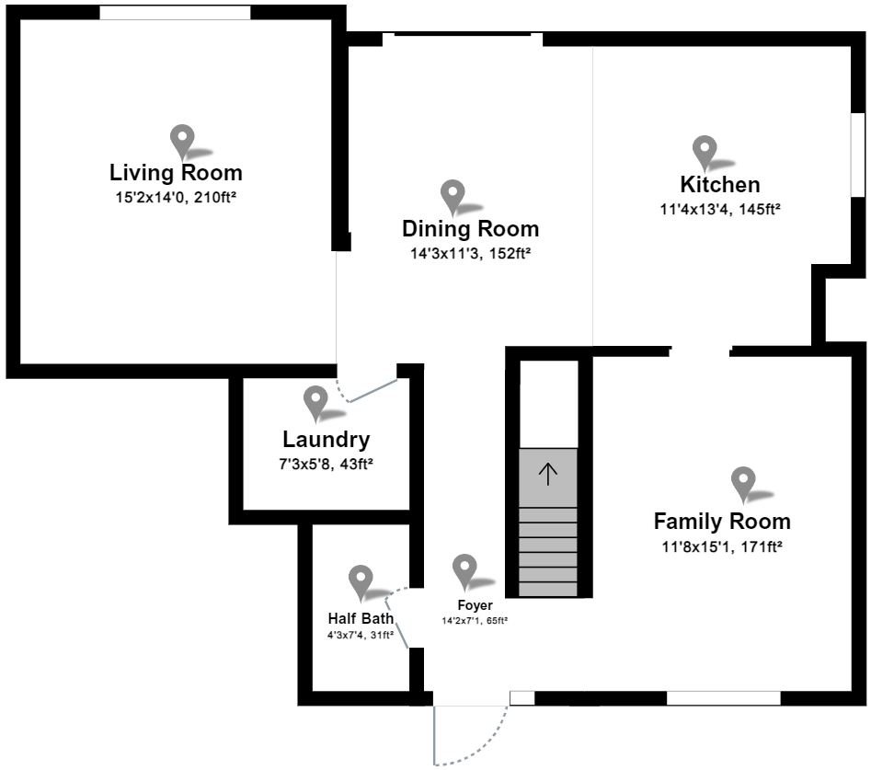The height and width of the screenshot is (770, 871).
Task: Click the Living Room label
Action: click(x=176, y=172)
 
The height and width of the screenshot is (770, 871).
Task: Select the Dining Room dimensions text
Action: click(x=471, y=252)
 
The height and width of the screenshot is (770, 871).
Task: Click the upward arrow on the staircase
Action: click(x=548, y=474)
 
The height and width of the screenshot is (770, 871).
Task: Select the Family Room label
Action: click(x=722, y=522)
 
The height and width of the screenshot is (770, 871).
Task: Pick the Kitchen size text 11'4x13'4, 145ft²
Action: click(x=720, y=209)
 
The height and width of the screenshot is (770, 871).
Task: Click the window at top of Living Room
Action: click(x=175, y=12)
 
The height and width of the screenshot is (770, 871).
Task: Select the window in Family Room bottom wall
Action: click(x=723, y=698)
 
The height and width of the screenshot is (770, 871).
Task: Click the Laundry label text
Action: click(x=327, y=440)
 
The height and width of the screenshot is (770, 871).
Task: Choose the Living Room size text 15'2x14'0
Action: click(x=176, y=196)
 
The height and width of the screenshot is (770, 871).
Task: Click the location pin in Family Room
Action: click(x=743, y=483)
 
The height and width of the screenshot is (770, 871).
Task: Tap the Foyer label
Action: click(x=475, y=605)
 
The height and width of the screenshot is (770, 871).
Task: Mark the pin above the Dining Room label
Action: click(x=453, y=196)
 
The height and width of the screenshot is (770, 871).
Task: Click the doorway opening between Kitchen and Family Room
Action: click(x=700, y=351)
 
